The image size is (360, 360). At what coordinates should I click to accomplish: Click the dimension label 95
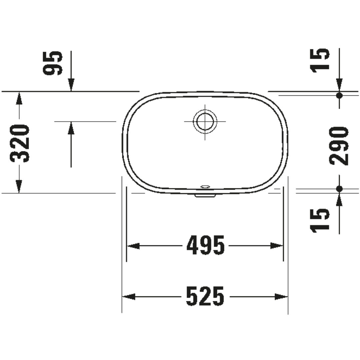tap(53, 63)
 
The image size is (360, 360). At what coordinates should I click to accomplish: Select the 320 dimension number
tap(20, 143)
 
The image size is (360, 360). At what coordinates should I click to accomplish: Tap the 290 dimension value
tap(339, 146)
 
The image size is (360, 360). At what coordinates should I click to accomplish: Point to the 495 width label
tap(205, 245)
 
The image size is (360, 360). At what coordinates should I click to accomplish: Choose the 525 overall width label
tap(205, 296)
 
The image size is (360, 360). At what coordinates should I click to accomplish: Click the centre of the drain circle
tap(205, 121)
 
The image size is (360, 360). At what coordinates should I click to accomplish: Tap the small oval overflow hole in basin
tap(205, 187)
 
